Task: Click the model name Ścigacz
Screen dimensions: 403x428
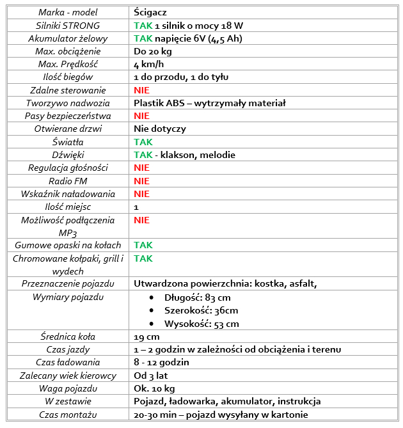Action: click(150, 12)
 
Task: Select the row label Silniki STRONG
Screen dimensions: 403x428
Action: click(68, 26)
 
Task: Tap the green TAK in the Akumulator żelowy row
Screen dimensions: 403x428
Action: click(143, 38)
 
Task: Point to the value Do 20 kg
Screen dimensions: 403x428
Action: click(152, 51)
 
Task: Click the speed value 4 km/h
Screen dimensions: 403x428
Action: click(148, 64)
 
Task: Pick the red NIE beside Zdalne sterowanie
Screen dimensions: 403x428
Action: click(141, 90)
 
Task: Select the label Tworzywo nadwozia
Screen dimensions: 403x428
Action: click(68, 103)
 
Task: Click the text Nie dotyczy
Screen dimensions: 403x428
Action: click(160, 129)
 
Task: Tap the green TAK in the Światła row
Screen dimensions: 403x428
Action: click(143, 142)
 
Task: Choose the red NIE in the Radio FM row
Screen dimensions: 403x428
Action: click(141, 181)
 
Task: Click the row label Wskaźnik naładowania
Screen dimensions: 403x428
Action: click(68, 194)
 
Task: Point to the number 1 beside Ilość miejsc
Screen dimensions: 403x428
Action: click(136, 207)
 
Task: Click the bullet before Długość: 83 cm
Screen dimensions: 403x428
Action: click(152, 297)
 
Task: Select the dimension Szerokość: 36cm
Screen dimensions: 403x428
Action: click(201, 310)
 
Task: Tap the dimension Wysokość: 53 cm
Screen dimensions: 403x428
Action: click(201, 324)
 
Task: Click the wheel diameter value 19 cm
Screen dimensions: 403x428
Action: click(146, 337)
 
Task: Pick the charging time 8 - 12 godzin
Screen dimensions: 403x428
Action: click(161, 362)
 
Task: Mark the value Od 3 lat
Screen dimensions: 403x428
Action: click(150, 376)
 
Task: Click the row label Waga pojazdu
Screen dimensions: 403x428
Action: click(68, 388)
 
